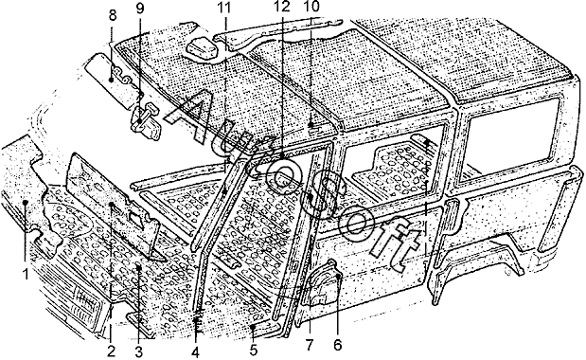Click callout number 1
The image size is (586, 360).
[x=26, y=275]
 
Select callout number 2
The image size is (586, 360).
[x=111, y=351]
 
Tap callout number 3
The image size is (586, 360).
[x=139, y=351]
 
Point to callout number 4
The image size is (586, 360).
[x=195, y=352]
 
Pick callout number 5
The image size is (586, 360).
[x=254, y=351]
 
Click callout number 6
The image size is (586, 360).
[x=337, y=345]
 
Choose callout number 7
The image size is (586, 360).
[x=309, y=345]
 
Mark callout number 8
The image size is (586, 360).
[x=113, y=15]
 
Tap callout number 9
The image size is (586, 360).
[x=140, y=9]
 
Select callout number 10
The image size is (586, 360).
[x=311, y=7]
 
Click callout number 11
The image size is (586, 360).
[x=224, y=7]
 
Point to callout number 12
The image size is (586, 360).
[x=281, y=7]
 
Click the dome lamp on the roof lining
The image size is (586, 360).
[x=203, y=50]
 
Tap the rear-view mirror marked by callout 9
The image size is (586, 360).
[x=145, y=121]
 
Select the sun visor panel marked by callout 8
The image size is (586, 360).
[x=112, y=80]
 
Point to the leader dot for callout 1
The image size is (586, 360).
[x=25, y=202]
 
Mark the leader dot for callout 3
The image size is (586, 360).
[x=138, y=266]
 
